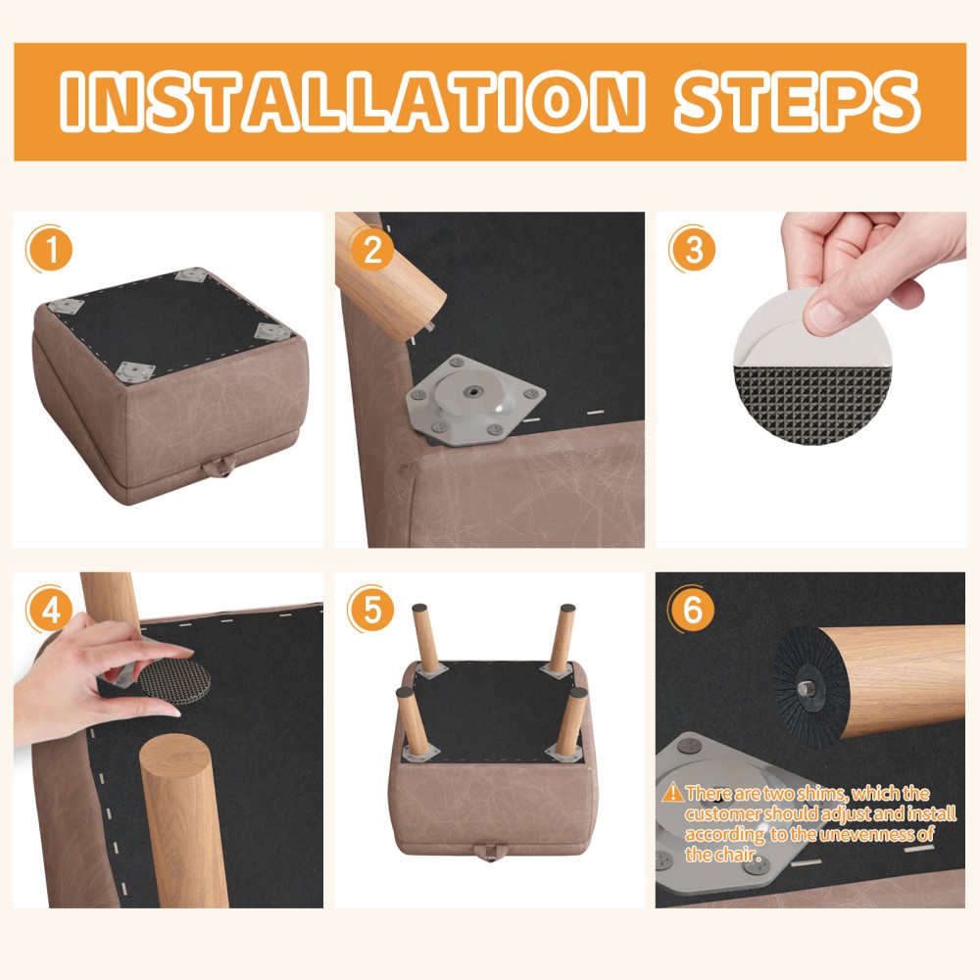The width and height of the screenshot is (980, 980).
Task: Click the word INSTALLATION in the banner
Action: coord(352,101)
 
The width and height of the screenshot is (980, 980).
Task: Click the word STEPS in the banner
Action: coord(797,101)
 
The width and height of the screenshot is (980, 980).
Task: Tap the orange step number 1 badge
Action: coord(49,249)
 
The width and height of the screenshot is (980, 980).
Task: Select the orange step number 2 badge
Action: coord(371,249)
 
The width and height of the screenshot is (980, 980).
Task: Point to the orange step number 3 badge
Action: coord(693,249)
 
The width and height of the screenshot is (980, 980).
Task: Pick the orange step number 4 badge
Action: coord(49,610)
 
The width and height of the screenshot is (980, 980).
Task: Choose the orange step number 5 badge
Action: coord(371,610)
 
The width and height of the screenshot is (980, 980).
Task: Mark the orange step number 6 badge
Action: coord(693,610)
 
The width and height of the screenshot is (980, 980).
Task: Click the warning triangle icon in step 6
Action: coord(672,793)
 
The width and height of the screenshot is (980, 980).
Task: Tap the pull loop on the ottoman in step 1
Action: coord(219,466)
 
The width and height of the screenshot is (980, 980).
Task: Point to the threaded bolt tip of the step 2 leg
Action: coord(430,325)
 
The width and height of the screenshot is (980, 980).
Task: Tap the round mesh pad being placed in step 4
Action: coord(174,681)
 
